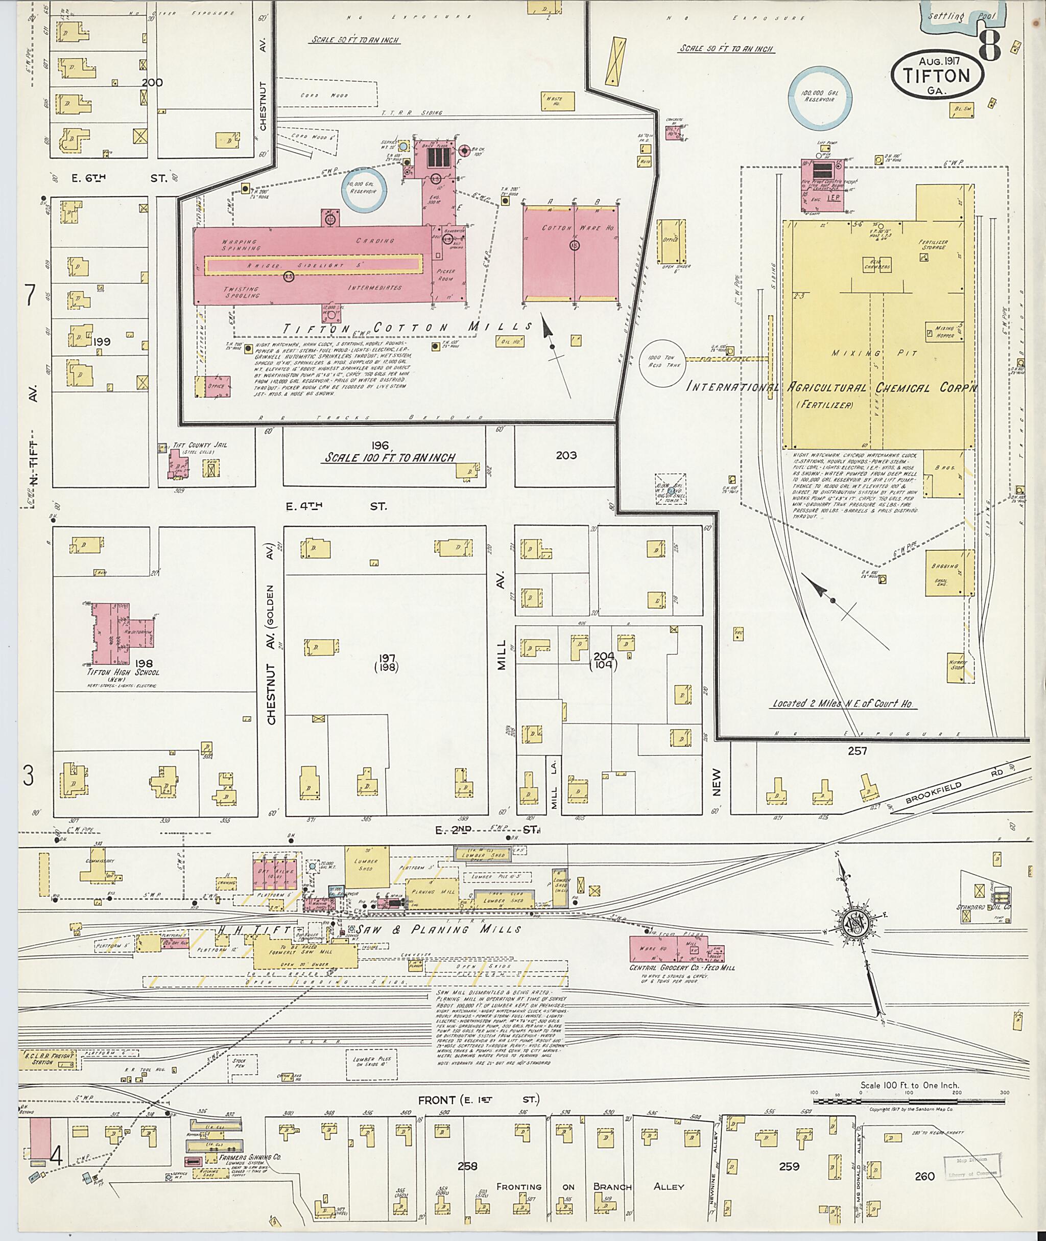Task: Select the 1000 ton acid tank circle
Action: (x=662, y=362)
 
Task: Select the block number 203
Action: (x=566, y=456)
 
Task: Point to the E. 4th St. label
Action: (x=336, y=506)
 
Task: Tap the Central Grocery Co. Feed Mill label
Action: (x=682, y=968)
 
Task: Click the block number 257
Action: (x=857, y=751)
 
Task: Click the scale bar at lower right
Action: (x=909, y=1101)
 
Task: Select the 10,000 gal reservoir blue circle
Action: (x=364, y=191)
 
